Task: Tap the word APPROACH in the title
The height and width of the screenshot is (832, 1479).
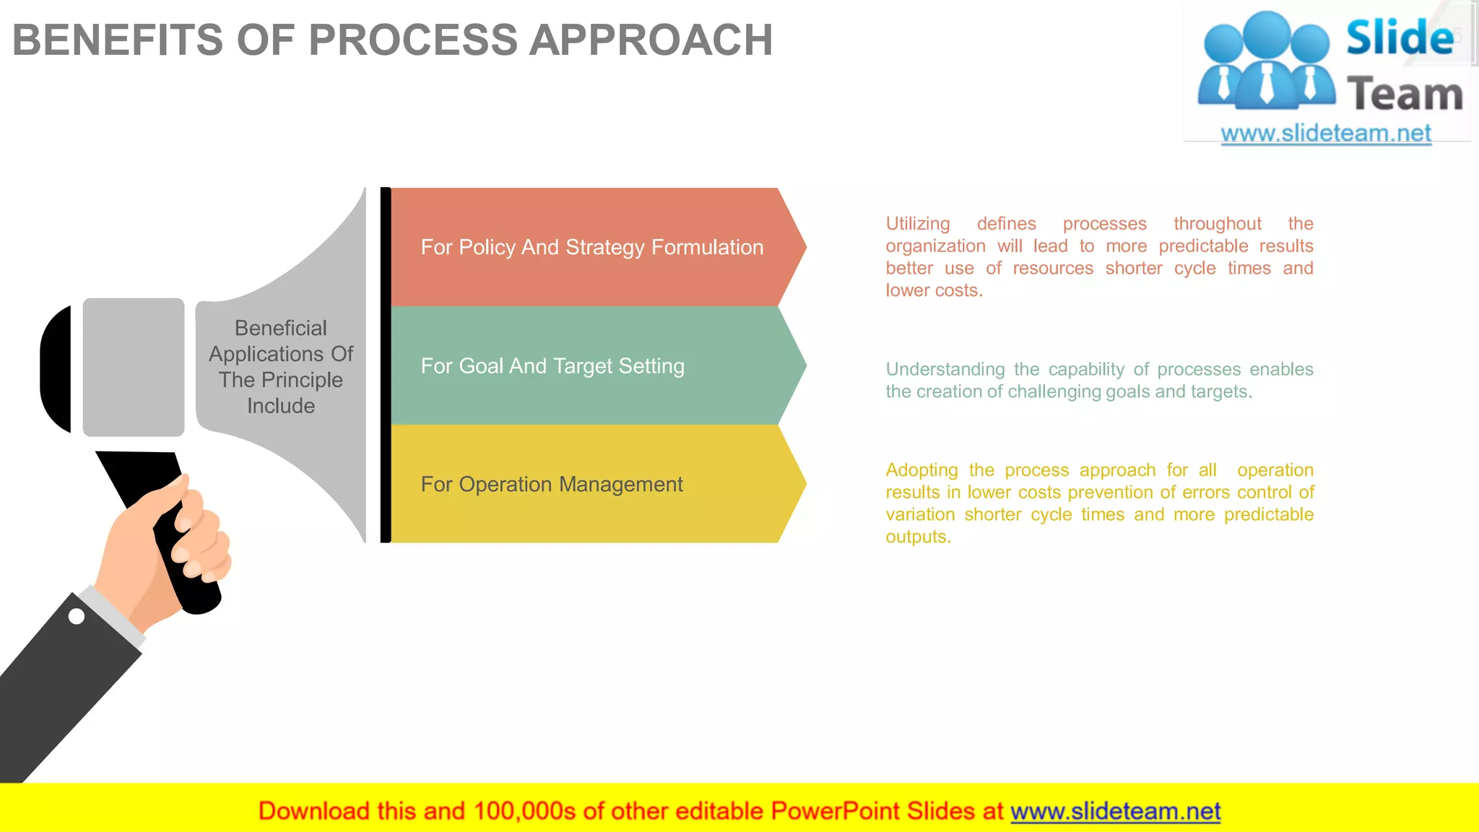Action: click(651, 40)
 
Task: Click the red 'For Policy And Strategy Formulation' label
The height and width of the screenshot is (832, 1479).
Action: click(591, 247)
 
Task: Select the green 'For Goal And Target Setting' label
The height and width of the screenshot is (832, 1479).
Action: click(552, 366)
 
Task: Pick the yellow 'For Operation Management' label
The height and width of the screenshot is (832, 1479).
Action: click(552, 484)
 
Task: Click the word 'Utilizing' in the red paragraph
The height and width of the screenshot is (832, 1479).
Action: click(918, 224)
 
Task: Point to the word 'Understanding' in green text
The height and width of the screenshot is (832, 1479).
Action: click(945, 369)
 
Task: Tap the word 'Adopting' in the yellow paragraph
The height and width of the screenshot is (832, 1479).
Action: click(921, 470)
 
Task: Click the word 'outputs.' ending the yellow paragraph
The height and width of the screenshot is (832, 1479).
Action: click(918, 537)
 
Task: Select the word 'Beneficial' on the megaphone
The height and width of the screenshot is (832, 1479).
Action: click(281, 328)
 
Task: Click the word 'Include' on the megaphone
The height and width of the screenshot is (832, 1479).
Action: click(281, 406)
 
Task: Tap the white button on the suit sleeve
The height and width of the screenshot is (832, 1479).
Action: click(77, 616)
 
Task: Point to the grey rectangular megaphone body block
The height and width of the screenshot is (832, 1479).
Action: click(134, 367)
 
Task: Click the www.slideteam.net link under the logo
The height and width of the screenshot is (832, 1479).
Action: click(1326, 134)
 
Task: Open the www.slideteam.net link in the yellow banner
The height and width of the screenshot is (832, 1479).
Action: click(1115, 811)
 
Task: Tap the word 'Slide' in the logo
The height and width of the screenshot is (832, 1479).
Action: click(1400, 38)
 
